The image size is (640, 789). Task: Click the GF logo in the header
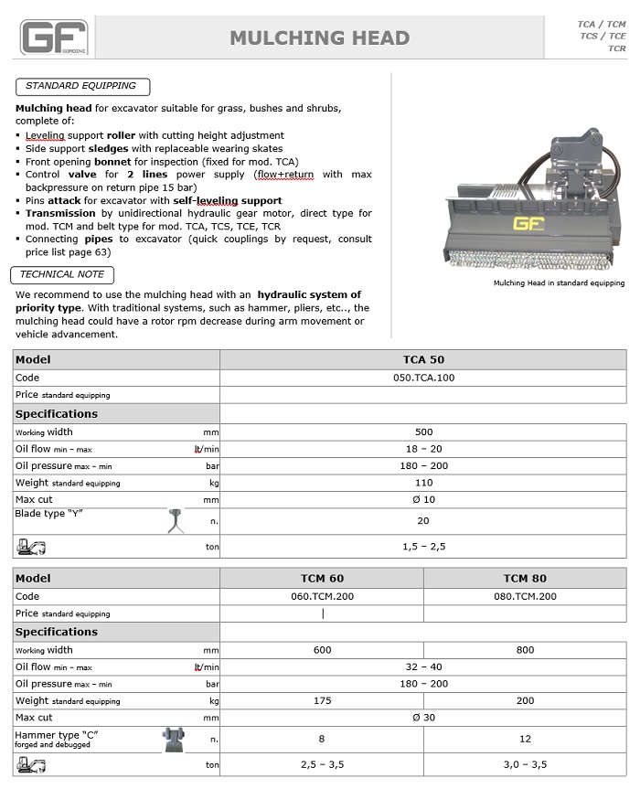(54, 38)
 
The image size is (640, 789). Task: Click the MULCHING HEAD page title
(319, 38)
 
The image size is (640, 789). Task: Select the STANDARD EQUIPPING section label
(80, 86)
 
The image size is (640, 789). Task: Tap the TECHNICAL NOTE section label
(62, 274)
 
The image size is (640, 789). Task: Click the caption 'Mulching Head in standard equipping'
(559, 283)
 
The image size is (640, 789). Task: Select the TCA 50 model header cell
(423, 359)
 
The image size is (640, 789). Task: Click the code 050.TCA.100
(423, 378)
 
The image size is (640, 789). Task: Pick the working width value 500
(423, 432)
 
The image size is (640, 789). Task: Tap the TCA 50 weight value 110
(423, 483)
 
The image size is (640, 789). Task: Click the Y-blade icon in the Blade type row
(176, 520)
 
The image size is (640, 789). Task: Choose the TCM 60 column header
(322, 578)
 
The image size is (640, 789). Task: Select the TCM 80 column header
(525, 578)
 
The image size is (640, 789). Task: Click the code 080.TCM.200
(525, 596)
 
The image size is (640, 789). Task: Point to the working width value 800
(525, 650)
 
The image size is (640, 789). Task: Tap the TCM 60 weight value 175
(322, 700)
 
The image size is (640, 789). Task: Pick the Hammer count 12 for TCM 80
(525, 739)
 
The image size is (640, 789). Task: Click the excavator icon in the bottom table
(30, 763)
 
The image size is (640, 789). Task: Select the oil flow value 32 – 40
(423, 667)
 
